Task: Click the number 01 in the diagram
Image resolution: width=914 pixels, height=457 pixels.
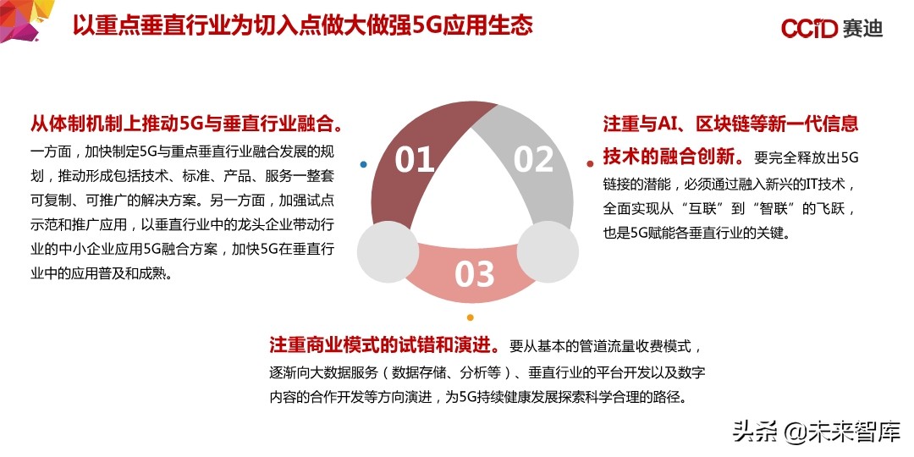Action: pos(414,159)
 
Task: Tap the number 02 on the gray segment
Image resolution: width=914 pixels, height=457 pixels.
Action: pos(534,159)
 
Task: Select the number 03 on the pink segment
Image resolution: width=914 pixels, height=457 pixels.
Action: pos(474,273)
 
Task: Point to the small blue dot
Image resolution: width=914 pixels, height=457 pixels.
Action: pos(363,164)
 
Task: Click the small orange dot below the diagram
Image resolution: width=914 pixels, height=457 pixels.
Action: pos(470,317)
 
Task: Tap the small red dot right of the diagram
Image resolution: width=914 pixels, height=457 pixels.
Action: pos(590,163)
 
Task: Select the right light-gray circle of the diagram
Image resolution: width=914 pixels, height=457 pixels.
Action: pos(548,252)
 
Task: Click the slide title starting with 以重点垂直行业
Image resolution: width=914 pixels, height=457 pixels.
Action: pos(302,25)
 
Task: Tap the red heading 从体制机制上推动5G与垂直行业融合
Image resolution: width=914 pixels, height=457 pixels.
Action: pos(186,124)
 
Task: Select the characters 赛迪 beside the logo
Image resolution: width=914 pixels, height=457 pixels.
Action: pos(862,28)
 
